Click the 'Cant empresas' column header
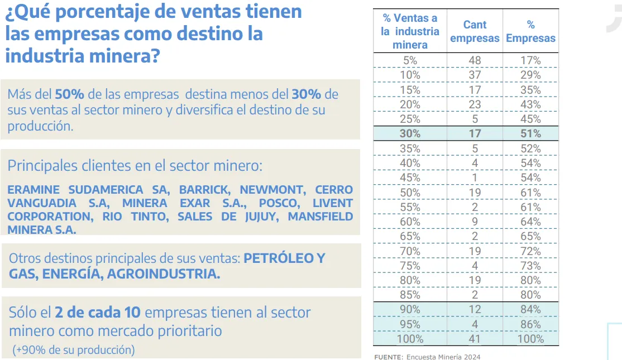(475, 31)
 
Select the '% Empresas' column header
(530, 31)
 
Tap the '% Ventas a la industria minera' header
(410, 32)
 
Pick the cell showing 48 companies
(475, 60)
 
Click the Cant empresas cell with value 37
(475, 75)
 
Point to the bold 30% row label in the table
(410, 133)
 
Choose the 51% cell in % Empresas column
(530, 133)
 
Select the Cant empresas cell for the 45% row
(475, 177)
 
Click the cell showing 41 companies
(475, 339)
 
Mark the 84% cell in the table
(530, 309)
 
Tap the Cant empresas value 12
(475, 309)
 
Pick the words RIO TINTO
(135, 217)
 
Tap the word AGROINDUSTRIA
(164, 274)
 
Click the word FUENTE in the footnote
(387, 357)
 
